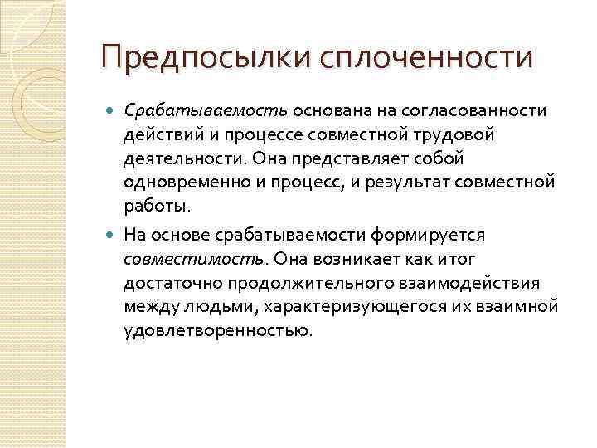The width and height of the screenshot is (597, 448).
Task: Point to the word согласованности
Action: click(x=473, y=110)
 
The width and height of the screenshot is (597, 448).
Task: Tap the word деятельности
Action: click(x=177, y=158)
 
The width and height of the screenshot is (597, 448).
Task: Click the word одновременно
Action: click(x=181, y=181)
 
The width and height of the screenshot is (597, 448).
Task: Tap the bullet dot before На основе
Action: click(x=113, y=235)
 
